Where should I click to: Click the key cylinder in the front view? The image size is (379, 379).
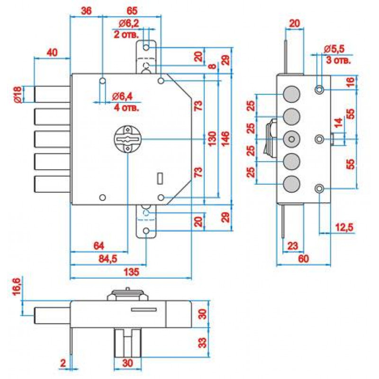(127, 139)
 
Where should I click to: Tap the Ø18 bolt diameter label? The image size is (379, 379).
(18, 95)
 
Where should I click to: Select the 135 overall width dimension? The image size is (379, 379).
(132, 272)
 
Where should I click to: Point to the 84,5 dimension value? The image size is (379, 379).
(108, 259)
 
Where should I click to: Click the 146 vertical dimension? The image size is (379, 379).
(226, 138)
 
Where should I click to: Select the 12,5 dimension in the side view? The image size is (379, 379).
(344, 227)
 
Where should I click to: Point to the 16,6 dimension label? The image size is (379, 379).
(17, 286)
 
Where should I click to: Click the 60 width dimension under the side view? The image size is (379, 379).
(303, 259)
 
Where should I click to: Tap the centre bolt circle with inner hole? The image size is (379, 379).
(292, 139)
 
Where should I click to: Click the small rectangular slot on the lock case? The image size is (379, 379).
(160, 179)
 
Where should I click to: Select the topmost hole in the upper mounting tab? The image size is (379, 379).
(146, 47)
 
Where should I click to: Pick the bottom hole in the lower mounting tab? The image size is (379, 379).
(146, 231)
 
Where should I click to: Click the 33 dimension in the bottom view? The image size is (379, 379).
(202, 343)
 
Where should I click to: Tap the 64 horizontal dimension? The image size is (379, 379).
(99, 246)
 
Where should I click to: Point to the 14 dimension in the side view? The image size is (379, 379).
(338, 123)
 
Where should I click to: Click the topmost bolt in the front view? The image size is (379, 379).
(52, 94)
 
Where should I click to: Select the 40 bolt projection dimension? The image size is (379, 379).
(52, 53)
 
